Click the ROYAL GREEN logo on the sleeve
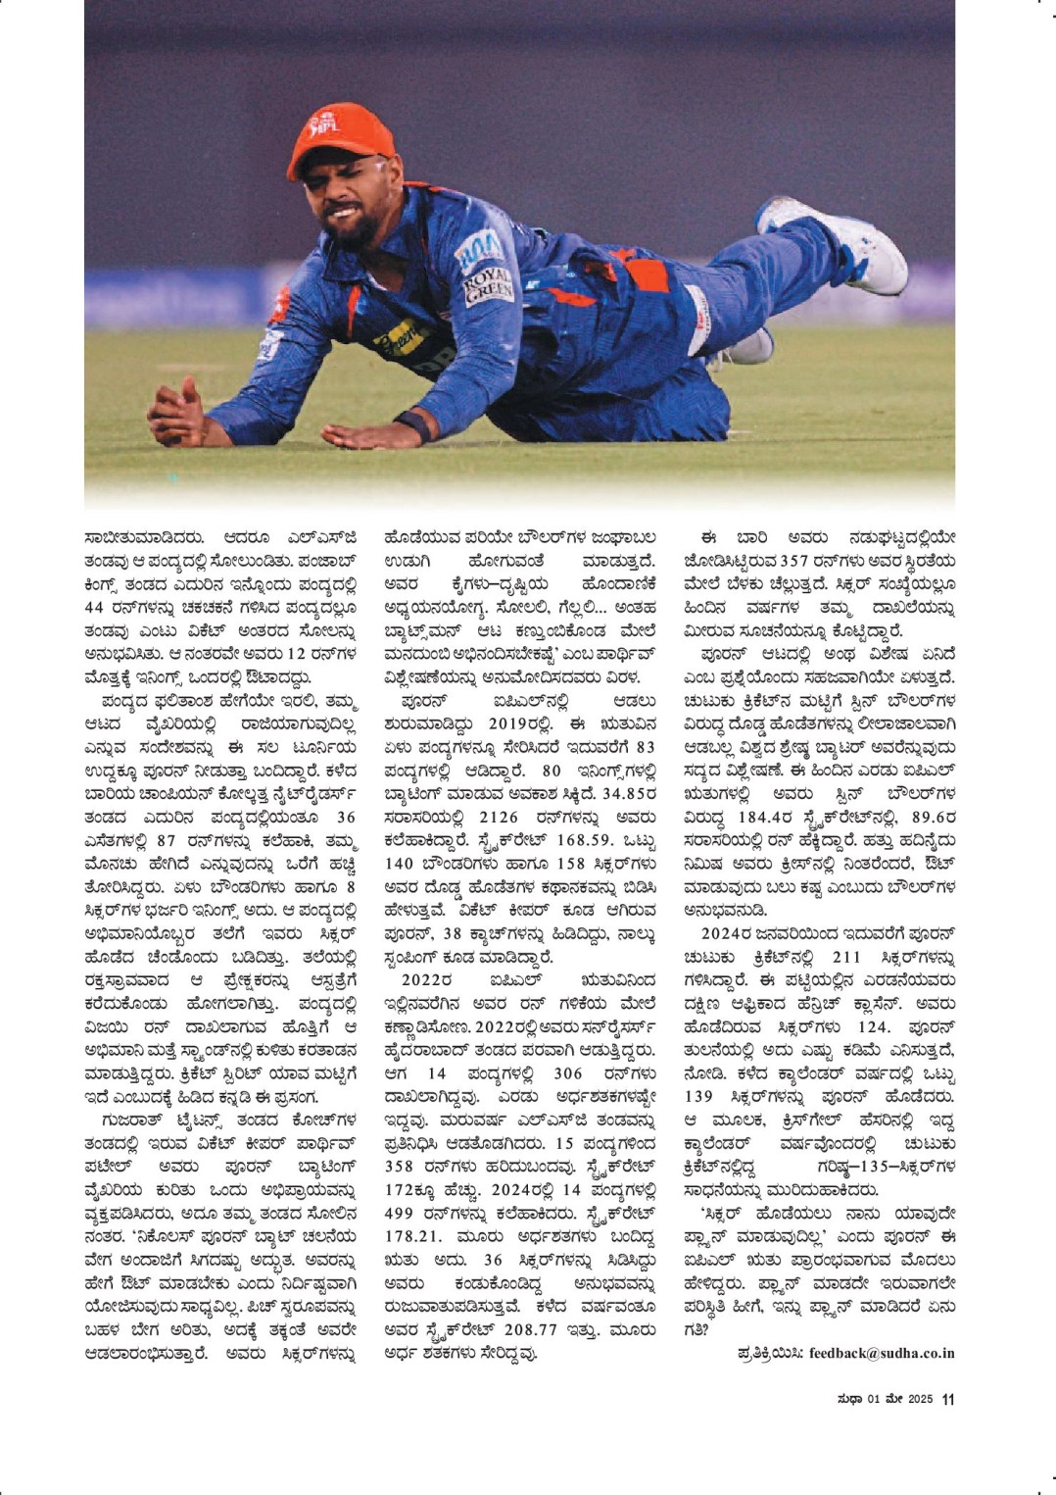(x=488, y=285)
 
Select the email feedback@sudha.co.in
(x=882, y=1353)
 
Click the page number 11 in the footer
(x=947, y=1399)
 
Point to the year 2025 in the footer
(x=919, y=1399)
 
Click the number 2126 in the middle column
(x=500, y=817)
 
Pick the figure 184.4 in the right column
(x=767, y=817)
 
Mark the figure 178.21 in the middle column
(x=414, y=1236)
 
